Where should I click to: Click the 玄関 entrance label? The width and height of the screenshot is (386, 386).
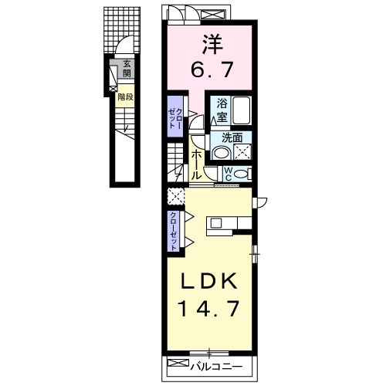pyautogui.click(x=127, y=69)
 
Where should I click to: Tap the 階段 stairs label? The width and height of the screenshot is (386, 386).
pyautogui.click(x=125, y=97)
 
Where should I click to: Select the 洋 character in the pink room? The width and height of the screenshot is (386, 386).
pyautogui.click(x=212, y=44)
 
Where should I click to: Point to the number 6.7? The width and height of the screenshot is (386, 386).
pyautogui.click(x=212, y=69)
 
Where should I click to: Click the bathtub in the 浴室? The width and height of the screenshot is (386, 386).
pyautogui.click(x=242, y=110)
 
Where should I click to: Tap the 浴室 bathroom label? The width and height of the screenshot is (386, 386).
pyautogui.click(x=222, y=111)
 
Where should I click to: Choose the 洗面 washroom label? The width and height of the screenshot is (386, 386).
pyautogui.click(x=232, y=138)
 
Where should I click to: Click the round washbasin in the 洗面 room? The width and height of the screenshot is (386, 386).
pyautogui.click(x=221, y=153)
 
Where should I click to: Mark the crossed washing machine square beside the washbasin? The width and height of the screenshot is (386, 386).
pyautogui.click(x=242, y=151)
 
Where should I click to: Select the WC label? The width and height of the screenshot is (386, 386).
pyautogui.click(x=228, y=174)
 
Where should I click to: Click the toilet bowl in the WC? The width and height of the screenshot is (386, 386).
pyautogui.click(x=240, y=174)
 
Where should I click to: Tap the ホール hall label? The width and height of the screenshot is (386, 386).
pyautogui.click(x=196, y=164)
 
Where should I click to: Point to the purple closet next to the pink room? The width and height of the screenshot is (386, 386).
pyautogui.click(x=175, y=117)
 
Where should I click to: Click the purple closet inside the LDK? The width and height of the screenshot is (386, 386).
pyautogui.click(x=174, y=231)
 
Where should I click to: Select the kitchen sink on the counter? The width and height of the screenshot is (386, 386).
pyautogui.click(x=216, y=223)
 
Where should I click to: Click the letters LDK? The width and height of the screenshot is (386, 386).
pyautogui.click(x=209, y=281)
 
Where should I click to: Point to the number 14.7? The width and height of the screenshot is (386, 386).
pyautogui.click(x=208, y=309)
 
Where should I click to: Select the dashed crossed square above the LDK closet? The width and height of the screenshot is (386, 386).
pyautogui.click(x=176, y=196)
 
